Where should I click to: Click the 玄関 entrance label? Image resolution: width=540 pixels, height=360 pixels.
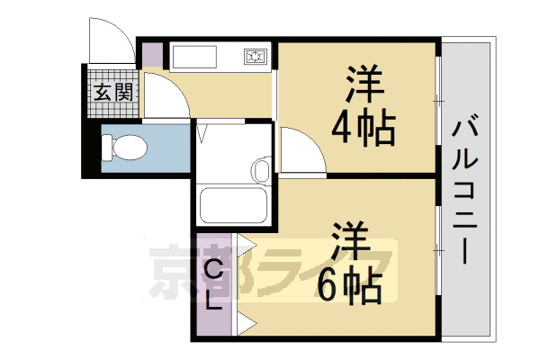tap(113, 93)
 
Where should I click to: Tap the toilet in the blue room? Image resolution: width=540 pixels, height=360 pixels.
tap(124, 148)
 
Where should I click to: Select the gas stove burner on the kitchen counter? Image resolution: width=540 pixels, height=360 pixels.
tap(256, 57)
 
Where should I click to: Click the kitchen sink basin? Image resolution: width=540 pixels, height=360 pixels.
tap(194, 57)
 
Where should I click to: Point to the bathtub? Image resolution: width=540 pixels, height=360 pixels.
tap(234, 205)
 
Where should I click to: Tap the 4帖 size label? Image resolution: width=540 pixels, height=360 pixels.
tap(363, 128)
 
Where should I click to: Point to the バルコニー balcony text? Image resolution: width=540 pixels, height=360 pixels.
tap(465, 190)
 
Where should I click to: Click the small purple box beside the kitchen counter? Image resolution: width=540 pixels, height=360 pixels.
tap(153, 54)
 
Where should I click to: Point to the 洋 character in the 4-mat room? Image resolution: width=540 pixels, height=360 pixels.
tap(365, 84)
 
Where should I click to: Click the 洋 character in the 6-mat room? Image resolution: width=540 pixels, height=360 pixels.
tap(350, 242)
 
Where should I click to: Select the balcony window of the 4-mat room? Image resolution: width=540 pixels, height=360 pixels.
tap(438, 101)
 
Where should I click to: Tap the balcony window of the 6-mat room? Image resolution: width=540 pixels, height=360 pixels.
tap(438, 250)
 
